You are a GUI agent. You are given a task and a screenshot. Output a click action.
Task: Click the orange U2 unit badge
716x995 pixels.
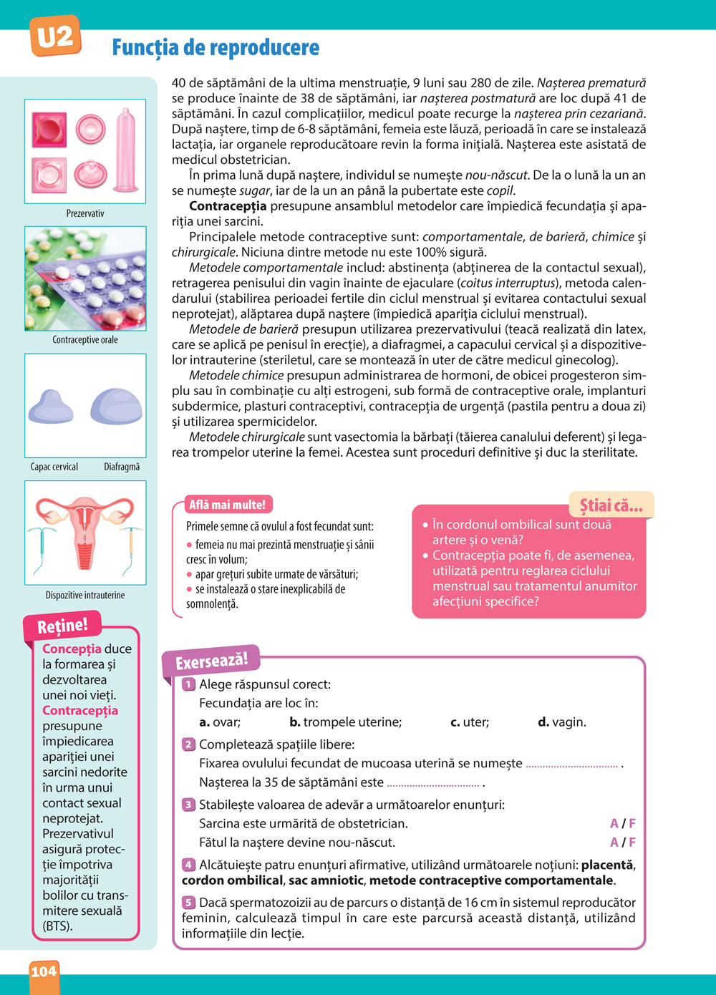(x=54, y=37)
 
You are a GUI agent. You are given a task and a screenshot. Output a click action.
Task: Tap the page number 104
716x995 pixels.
(x=44, y=971)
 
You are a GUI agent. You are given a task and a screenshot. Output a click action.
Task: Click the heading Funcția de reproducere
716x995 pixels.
(x=216, y=48)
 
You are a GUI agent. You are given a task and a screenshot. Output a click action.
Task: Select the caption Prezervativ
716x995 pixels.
(x=85, y=213)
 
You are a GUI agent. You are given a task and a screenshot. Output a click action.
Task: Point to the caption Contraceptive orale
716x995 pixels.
(x=85, y=339)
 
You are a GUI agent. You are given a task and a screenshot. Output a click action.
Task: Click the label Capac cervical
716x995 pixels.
(x=54, y=467)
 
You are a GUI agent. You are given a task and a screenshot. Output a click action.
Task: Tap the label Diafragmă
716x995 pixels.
(x=122, y=467)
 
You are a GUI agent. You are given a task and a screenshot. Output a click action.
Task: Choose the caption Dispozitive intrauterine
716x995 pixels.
(x=85, y=595)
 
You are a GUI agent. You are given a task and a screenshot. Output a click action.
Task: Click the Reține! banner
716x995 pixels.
(x=63, y=626)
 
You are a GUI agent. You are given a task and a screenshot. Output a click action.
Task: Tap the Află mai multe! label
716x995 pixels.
(x=227, y=505)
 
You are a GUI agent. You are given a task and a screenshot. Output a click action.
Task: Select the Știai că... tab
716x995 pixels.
(x=611, y=506)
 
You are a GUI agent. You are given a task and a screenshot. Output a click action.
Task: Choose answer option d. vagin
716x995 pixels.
(x=562, y=722)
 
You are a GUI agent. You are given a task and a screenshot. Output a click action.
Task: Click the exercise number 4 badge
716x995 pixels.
(x=188, y=865)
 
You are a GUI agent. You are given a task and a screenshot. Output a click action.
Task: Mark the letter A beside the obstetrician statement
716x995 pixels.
(x=614, y=823)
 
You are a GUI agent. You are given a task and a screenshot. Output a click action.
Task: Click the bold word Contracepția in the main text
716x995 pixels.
(x=228, y=206)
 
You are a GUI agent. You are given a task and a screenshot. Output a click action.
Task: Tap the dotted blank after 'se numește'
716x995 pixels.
(x=571, y=765)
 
